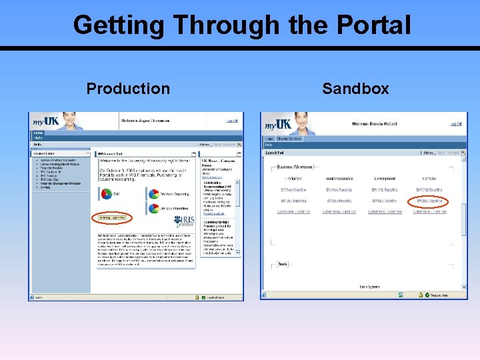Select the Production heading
point(128,89)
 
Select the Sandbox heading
point(355,89)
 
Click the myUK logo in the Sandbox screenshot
point(277,125)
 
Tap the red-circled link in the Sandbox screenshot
point(430,201)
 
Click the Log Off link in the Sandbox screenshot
point(455,124)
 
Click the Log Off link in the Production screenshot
point(231,121)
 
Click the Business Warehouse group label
point(296,167)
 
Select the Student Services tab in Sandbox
point(290,139)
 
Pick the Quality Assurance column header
point(339,179)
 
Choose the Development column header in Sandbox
point(385,179)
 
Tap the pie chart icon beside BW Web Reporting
point(153,194)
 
